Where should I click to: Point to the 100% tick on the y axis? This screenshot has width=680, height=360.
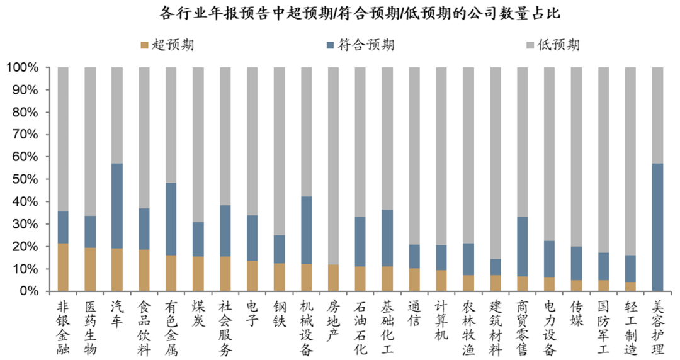tap(22, 67)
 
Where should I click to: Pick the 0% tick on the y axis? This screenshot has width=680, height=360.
tap(29, 291)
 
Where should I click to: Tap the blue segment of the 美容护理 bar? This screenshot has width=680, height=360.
tap(657, 227)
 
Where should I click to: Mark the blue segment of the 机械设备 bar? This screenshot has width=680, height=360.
tap(307, 230)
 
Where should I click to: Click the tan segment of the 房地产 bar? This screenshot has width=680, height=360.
tap(334, 278)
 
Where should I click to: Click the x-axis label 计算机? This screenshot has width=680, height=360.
tap(441, 318)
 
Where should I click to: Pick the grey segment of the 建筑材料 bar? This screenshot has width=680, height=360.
tap(496, 163)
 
